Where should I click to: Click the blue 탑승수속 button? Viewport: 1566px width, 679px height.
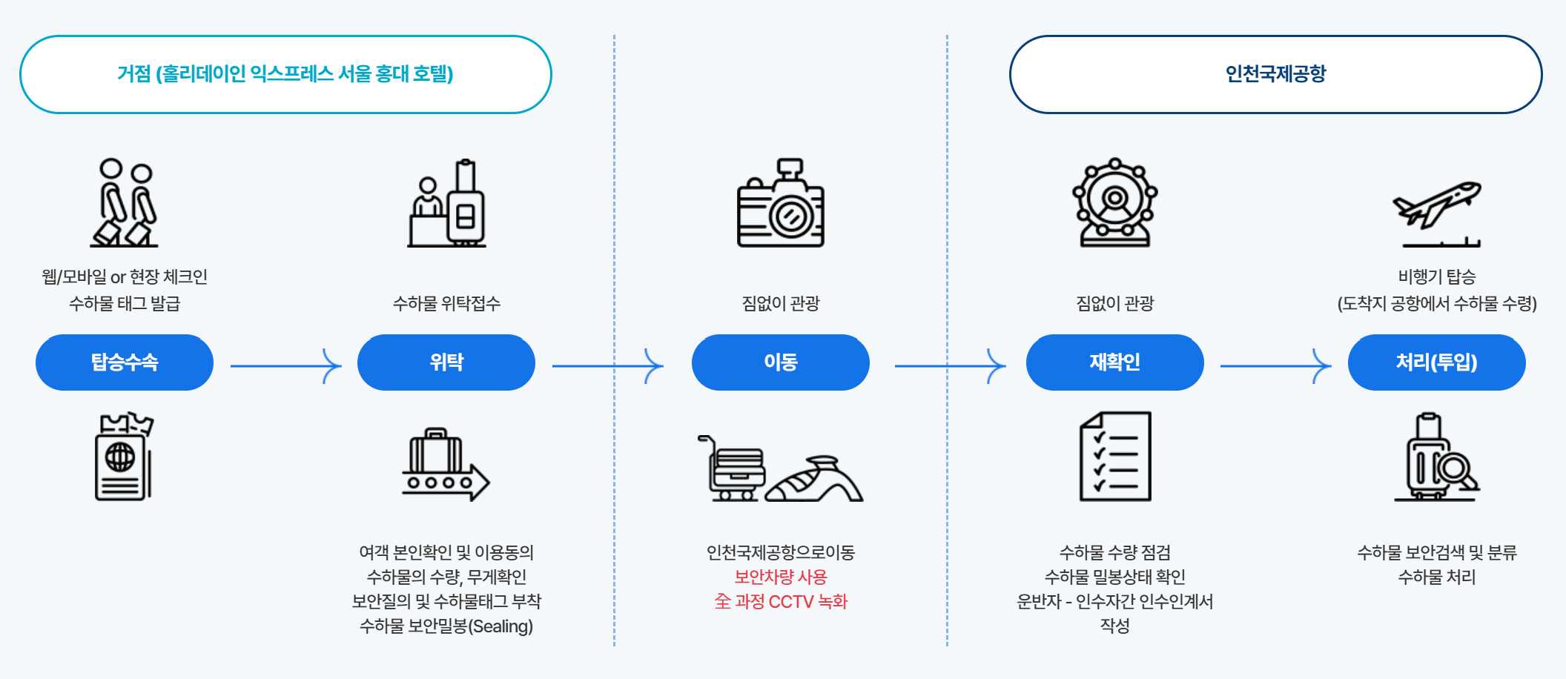[125, 362]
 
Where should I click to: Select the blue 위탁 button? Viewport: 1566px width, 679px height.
[446, 362]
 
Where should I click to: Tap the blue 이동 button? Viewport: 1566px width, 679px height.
[780, 362]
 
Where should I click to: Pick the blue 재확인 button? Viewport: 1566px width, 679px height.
[1114, 362]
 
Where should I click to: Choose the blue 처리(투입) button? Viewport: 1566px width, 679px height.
[1436, 362]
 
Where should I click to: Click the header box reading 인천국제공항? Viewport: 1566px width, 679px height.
[1275, 74]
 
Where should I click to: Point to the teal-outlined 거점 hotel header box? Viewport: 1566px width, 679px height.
[285, 74]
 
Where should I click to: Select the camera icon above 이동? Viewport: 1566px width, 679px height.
[780, 204]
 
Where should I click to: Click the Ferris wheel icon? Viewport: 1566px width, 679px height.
[1114, 202]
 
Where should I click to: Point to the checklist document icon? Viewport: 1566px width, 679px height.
[1115, 457]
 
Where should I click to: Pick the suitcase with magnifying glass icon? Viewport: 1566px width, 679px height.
[1436, 458]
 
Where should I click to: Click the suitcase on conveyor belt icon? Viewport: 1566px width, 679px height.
[446, 465]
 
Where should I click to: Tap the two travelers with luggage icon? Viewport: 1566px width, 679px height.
[125, 202]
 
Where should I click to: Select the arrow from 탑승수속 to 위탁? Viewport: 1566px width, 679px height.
[285, 365]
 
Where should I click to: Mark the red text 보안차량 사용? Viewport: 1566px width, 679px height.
[780, 577]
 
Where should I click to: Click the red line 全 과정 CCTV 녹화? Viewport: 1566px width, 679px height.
[780, 601]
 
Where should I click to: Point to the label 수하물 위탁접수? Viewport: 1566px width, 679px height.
[446, 303]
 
